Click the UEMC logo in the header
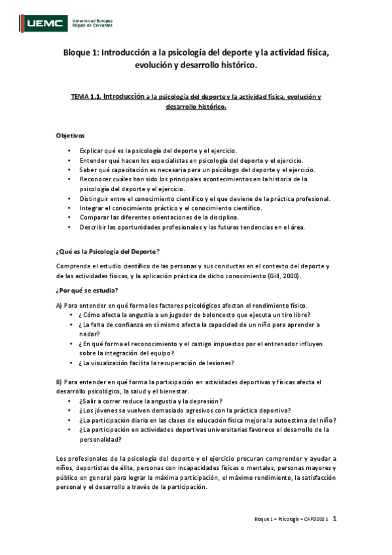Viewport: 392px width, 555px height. click(46, 24)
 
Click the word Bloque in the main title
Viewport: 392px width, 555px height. click(78, 53)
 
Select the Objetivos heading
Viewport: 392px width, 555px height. click(70, 135)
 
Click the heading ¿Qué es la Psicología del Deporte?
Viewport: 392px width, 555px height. click(108, 251)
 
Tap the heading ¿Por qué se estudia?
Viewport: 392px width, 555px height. click(87, 290)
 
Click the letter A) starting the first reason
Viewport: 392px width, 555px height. click(60, 306)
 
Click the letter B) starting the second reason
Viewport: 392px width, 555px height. click(60, 381)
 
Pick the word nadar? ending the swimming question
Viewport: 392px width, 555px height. click(89, 334)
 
